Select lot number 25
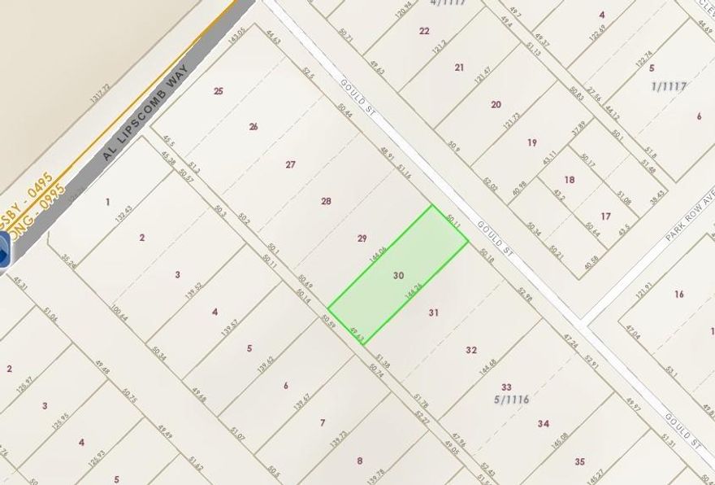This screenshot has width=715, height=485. tap(218, 91)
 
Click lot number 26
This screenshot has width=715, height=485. tap(253, 126)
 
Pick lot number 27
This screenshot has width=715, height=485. tap(290, 164)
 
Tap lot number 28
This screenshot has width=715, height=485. tap(327, 201)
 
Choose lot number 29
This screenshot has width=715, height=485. tap(362, 238)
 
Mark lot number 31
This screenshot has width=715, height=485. tap(434, 312)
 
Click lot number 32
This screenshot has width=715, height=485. tap(471, 350)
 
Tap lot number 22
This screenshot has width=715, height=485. tap(424, 31)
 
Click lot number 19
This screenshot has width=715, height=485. tap(532, 142)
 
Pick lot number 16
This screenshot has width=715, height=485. tap(679, 294)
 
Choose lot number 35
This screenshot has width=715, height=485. tap(579, 461)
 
